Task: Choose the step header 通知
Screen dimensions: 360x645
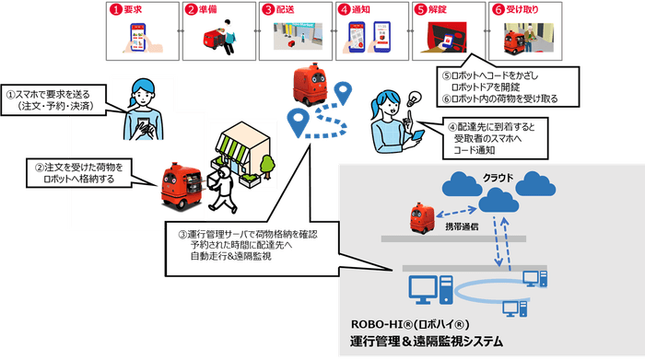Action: [x=364, y=10]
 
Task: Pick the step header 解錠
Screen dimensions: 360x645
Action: [x=440, y=10]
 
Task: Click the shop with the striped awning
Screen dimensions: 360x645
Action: [x=244, y=151]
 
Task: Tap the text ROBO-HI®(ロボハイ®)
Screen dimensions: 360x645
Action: [x=411, y=325]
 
